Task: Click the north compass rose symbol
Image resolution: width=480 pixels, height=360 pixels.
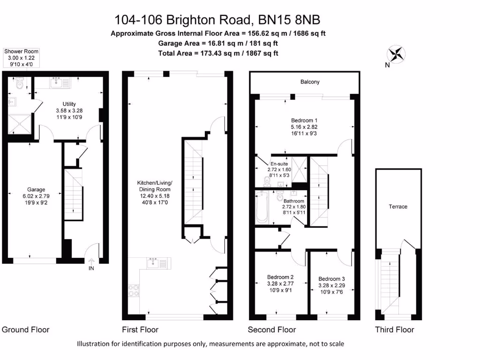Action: click(x=397, y=54)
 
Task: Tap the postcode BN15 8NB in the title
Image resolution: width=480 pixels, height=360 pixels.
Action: click(x=290, y=20)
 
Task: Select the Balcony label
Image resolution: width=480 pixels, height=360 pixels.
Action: click(x=310, y=82)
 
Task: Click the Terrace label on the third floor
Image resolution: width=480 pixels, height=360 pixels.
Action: click(x=398, y=206)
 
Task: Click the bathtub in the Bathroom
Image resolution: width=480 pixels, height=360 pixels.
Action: click(x=262, y=208)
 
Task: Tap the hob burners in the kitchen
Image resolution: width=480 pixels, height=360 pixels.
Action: click(x=133, y=290)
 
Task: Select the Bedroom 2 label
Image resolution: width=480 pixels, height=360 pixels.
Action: click(x=280, y=277)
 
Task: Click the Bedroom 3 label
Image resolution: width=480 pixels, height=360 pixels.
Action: click(x=331, y=278)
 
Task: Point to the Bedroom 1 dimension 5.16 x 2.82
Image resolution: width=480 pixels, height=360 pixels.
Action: click(x=303, y=127)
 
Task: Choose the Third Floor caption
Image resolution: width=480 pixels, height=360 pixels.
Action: click(x=394, y=330)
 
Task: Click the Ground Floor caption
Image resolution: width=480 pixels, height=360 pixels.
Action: click(x=26, y=330)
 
